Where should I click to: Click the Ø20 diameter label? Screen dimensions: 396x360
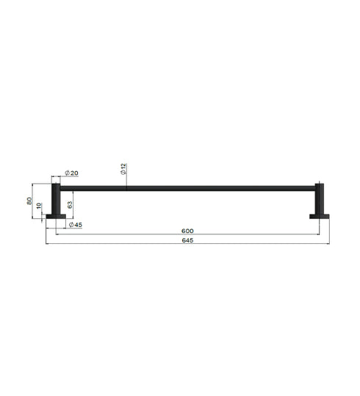click(72, 173)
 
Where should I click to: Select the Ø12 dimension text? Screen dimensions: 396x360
click(124, 168)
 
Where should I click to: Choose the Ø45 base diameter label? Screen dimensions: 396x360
click(74, 225)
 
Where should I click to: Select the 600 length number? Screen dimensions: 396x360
click(188, 231)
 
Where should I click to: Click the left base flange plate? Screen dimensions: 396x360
click(55, 216)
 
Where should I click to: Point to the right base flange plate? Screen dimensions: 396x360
click(319, 216)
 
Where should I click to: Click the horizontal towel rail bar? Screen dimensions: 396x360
click(188, 188)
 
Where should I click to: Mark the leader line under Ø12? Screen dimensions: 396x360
click(126, 181)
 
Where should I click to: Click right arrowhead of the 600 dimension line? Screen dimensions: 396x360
click(317, 235)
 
